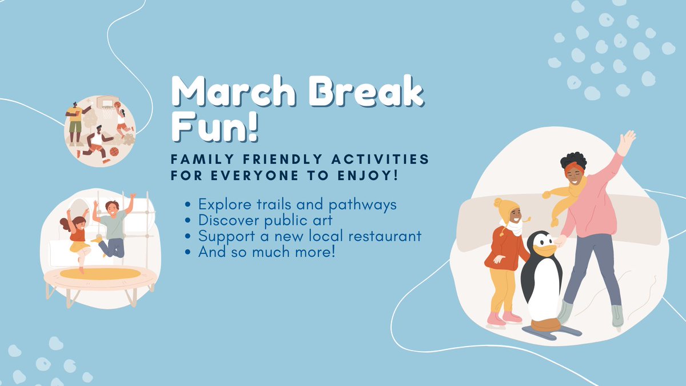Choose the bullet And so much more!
pyautogui.click(x=266, y=251)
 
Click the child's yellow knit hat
pyautogui.click(x=506, y=209)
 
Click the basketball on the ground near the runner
pyautogui.click(x=114, y=152)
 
